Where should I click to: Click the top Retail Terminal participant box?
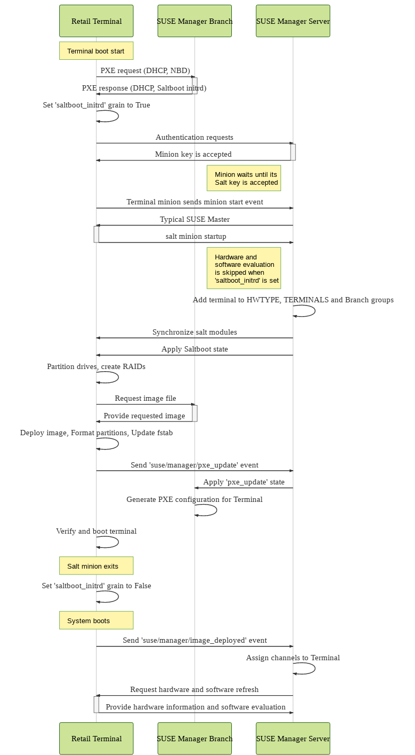click(x=96, y=21)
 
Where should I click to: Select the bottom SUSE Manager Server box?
click(x=293, y=738)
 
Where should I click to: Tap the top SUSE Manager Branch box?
click(x=194, y=21)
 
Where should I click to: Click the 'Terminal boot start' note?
click(x=96, y=51)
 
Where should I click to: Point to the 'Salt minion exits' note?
click(x=96, y=565)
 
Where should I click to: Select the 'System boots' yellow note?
click(x=96, y=620)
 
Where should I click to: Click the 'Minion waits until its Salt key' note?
click(x=243, y=178)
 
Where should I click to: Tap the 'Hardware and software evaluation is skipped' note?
click(x=243, y=268)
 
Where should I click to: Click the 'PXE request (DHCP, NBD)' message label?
click(x=145, y=70)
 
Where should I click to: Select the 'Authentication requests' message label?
click(x=194, y=137)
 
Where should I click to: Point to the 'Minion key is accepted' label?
click(x=193, y=154)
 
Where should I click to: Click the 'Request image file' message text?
click(x=145, y=398)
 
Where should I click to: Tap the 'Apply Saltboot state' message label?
click(x=194, y=349)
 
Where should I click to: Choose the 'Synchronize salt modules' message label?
click(x=194, y=332)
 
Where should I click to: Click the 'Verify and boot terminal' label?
click(x=96, y=531)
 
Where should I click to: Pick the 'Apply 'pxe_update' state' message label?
click(x=243, y=482)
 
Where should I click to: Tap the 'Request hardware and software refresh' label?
click(x=194, y=689)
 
